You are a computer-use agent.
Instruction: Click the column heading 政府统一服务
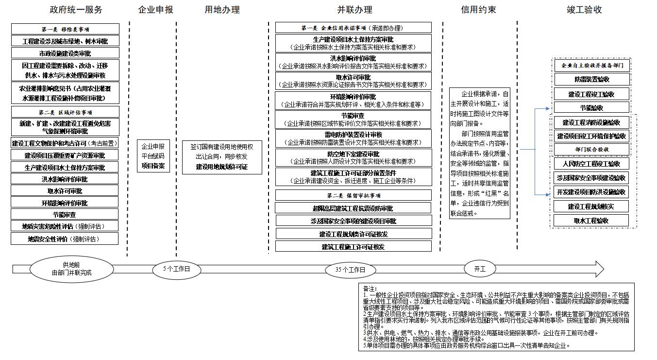pos(76,10)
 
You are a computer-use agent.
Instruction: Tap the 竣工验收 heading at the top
pos(585,10)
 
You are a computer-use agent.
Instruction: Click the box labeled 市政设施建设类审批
pos(65,53)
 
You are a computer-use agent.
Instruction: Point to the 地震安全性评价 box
pos(65,239)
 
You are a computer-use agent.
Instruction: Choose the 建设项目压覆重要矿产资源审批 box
pos(65,155)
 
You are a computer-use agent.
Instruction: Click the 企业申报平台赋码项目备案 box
pos(153,156)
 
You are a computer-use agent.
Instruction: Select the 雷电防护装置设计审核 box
pos(353,138)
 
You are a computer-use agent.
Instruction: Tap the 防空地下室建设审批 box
pos(353,157)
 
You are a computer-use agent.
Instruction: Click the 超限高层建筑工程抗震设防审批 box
pos(353,208)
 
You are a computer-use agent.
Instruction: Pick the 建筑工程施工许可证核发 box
pos(353,247)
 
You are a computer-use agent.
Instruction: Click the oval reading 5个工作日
pos(176,269)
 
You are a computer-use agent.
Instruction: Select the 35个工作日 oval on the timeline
pos(350,270)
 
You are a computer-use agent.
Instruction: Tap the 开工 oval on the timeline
pos(480,268)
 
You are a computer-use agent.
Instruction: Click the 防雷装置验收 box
pos(591,79)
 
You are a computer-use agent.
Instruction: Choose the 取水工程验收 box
pos(591,221)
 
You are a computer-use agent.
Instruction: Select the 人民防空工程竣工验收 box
pos(591,164)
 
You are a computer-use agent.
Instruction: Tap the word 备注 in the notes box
pos(370,289)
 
